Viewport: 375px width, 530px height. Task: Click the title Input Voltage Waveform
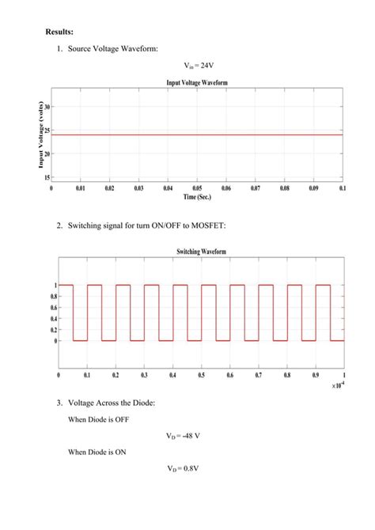click(198, 82)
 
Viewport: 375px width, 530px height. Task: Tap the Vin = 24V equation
click(198, 66)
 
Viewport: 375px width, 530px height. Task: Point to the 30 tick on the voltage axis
click(47, 107)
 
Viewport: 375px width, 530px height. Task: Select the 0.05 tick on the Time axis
click(197, 190)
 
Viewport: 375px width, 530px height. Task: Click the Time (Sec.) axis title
click(197, 198)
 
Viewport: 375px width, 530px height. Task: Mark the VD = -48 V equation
click(183, 436)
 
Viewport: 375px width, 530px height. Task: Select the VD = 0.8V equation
click(183, 468)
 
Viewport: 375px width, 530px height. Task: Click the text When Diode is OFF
click(98, 420)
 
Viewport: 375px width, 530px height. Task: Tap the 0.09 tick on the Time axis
click(313, 190)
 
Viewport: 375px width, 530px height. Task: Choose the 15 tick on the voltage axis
click(47, 178)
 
